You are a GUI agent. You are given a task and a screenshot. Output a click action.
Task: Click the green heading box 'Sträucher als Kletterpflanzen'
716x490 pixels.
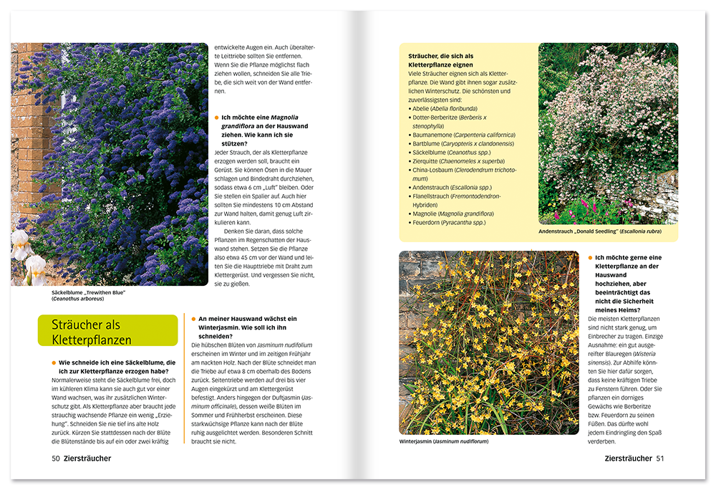coord(107,331)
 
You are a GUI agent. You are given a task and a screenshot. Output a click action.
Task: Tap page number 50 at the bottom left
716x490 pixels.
coord(55,458)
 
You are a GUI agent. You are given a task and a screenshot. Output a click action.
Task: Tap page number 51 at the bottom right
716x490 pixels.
coord(660,458)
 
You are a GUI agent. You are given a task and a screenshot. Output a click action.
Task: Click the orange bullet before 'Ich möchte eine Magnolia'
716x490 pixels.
coord(216,117)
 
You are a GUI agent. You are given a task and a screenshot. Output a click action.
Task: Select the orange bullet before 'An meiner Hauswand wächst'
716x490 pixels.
coord(193,319)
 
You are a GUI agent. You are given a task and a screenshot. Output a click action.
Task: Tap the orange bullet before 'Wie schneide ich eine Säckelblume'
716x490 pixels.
coord(54,362)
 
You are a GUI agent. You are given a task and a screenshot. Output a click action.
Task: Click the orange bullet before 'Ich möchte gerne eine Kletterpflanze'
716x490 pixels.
coord(590,257)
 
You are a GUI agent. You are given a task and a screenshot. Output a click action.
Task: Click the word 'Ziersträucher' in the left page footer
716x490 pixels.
coord(87,458)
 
